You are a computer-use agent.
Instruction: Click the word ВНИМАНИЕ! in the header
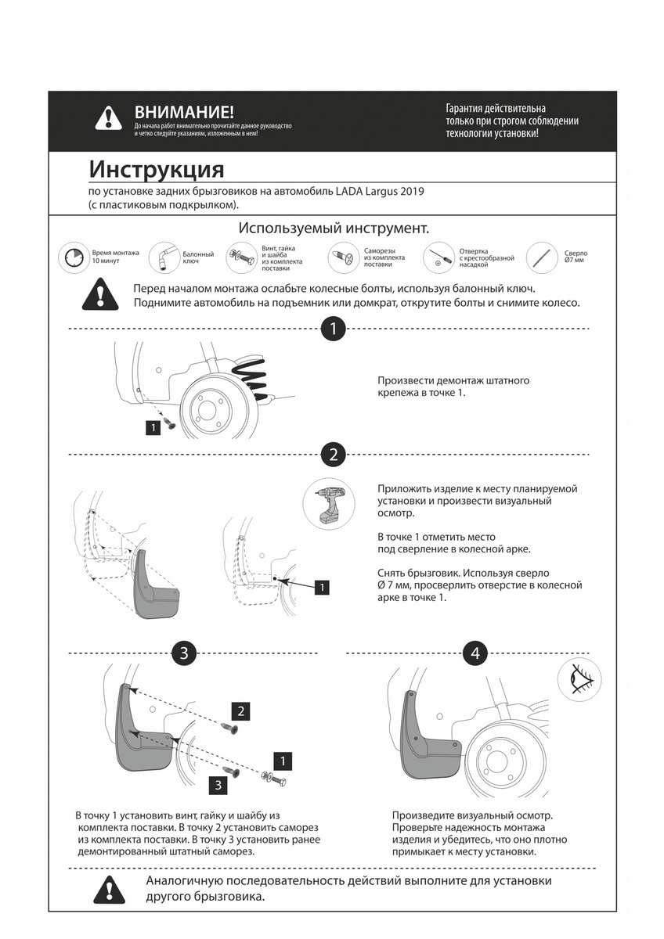[184, 113]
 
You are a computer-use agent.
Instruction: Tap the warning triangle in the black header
[108, 117]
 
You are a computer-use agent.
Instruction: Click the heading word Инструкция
[157, 170]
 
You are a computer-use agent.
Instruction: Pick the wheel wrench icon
[164, 257]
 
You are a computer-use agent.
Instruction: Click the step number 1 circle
[334, 329]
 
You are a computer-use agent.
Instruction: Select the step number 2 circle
[334, 454]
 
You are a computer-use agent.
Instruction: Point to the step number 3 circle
[183, 653]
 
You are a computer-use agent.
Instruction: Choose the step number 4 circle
[475, 653]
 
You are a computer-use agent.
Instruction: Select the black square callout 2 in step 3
[241, 711]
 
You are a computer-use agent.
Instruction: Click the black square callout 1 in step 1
[153, 427]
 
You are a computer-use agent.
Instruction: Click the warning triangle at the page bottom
[108, 890]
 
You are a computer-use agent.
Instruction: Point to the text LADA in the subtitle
[352, 191]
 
